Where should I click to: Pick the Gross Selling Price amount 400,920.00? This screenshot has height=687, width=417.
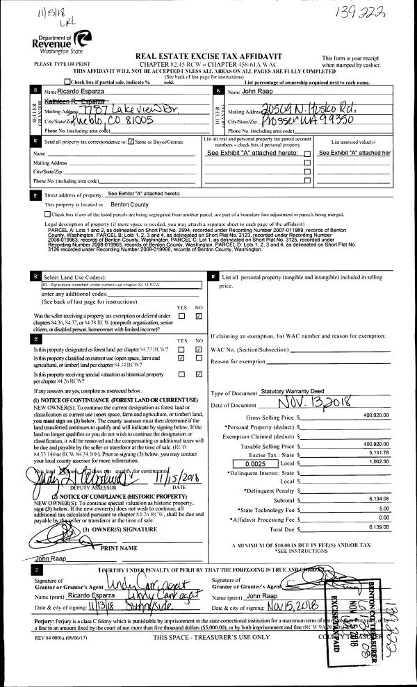(x=375, y=417)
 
